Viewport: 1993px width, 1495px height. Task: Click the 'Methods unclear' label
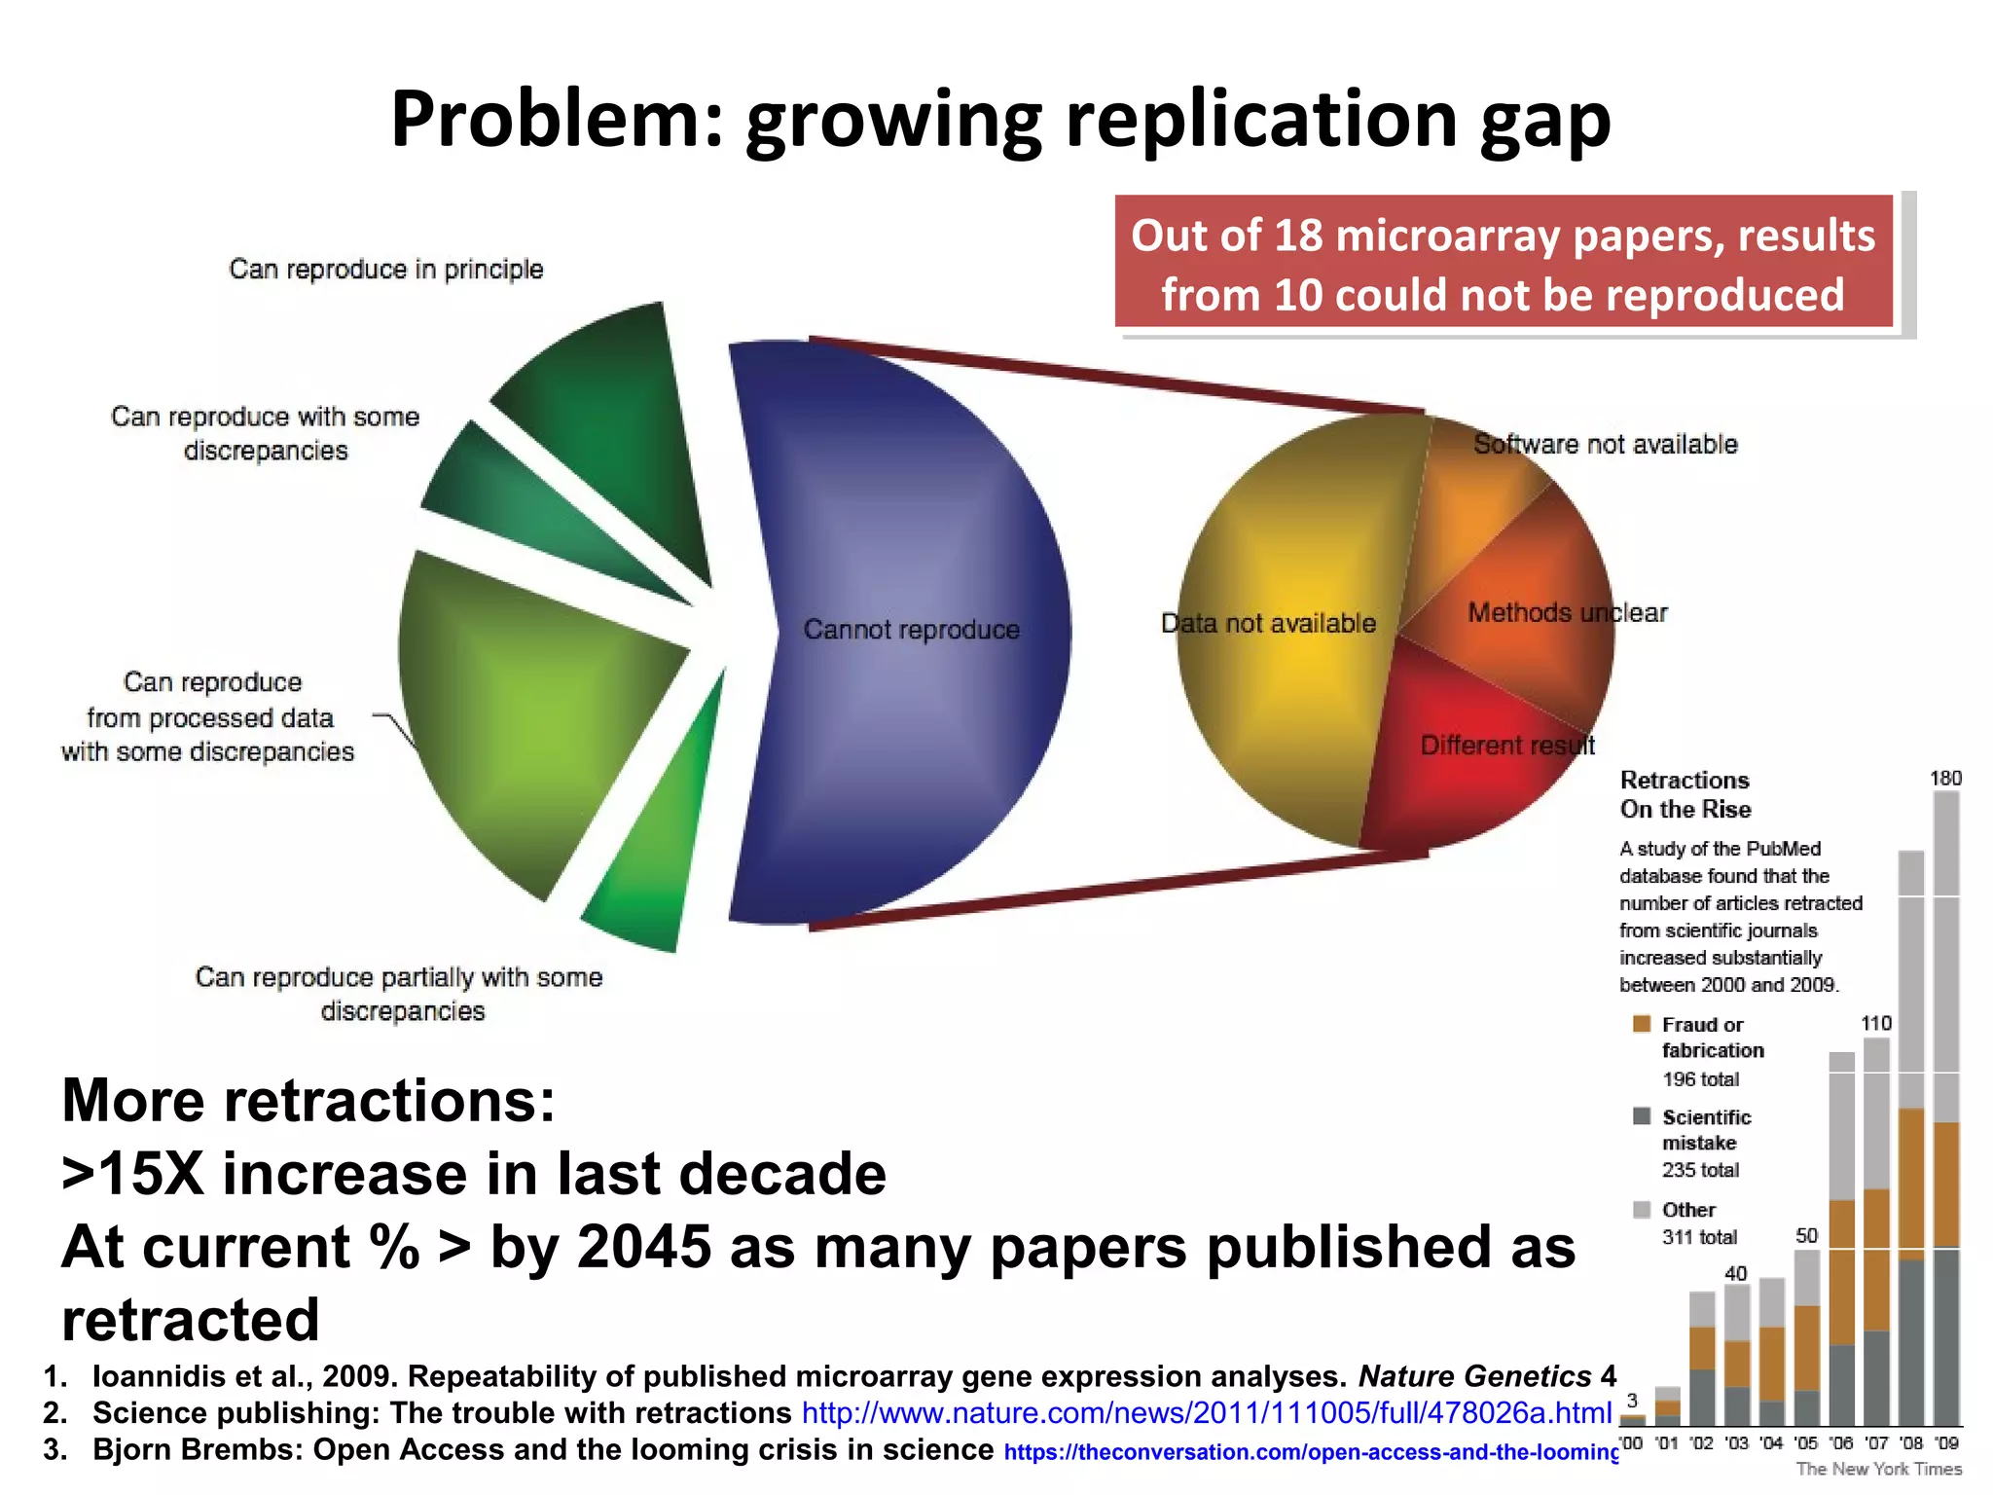coord(1567,613)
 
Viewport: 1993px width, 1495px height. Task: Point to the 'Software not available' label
coord(1605,445)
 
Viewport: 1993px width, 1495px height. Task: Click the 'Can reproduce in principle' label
coord(385,270)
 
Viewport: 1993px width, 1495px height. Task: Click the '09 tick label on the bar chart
coord(1946,1443)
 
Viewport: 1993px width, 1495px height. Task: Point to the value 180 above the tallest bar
coord(1945,779)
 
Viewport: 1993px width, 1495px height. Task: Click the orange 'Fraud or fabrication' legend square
coord(1642,1024)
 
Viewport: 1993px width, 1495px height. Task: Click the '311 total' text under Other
coord(1699,1237)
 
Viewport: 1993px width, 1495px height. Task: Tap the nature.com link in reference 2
coord(1207,1413)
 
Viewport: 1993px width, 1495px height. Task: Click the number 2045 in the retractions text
coord(643,1248)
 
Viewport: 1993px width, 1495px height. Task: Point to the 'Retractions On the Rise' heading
coord(1685,794)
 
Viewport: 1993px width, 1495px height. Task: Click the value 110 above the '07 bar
coord(1876,1023)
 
